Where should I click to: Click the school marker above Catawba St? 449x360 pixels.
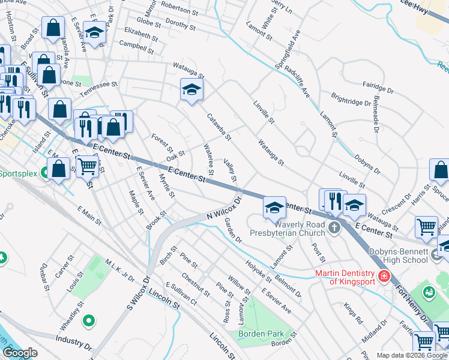(x=191, y=91)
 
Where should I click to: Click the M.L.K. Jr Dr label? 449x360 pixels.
(x=118, y=271)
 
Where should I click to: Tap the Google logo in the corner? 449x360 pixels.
(x=20, y=353)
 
